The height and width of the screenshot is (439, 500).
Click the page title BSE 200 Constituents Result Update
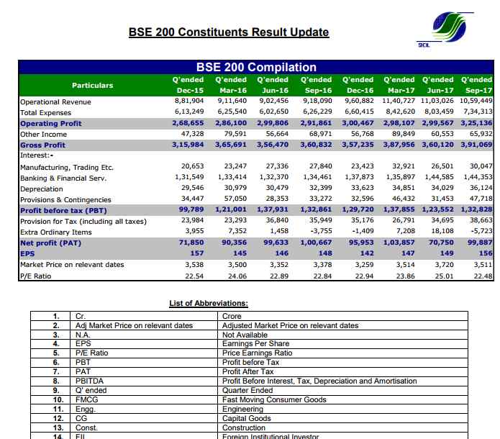point(228,32)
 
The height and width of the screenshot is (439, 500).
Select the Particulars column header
point(92,85)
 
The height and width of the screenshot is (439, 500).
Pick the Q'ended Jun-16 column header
point(273,84)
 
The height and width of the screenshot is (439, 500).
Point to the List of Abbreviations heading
point(209,303)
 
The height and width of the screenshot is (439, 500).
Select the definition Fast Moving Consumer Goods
point(275,399)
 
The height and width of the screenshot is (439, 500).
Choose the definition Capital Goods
point(247,418)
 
